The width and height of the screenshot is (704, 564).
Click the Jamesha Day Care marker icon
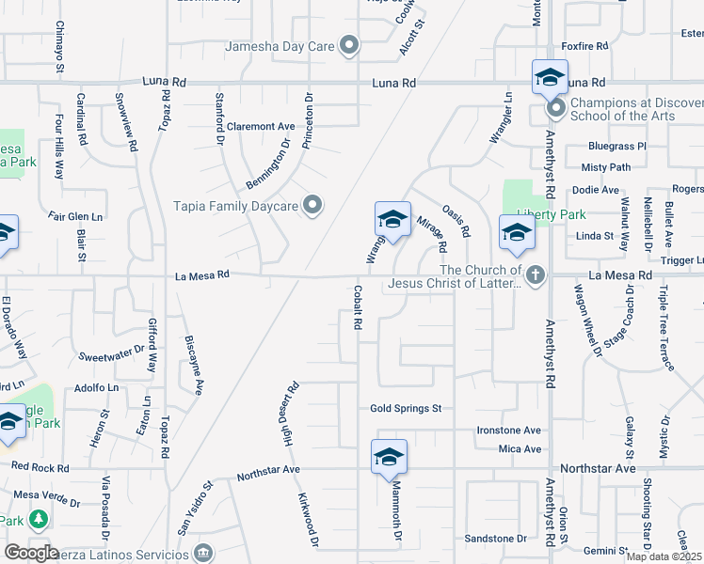pos(350,45)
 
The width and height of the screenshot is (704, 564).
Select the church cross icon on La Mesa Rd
pos(535,275)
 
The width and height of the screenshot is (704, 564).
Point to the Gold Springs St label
pos(406,409)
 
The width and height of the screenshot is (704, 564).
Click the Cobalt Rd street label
pos(358,307)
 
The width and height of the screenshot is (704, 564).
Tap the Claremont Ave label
pos(261,126)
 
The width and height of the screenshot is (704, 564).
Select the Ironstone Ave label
pos(507,431)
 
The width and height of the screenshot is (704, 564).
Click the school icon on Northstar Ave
pos(389,458)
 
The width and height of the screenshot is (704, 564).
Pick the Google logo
pos(31,552)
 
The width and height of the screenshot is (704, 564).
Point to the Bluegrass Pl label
pos(616,147)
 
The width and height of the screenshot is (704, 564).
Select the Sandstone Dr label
pos(495,539)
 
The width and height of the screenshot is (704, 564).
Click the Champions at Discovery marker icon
pos(555,110)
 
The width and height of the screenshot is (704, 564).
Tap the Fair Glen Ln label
pos(75,216)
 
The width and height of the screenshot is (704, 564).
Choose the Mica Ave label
pos(520,449)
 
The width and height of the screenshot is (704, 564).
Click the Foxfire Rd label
pos(584,45)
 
